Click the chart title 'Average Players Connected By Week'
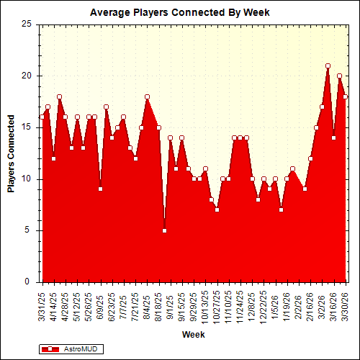[x=179, y=12]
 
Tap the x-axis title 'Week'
[x=193, y=335]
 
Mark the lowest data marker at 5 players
[x=164, y=230]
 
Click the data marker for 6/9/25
[x=100, y=189]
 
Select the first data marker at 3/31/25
[x=42, y=117]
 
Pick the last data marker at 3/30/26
[x=345, y=96]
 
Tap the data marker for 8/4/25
[x=147, y=96]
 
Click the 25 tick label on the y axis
[x=27, y=24]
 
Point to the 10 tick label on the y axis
[x=27, y=179]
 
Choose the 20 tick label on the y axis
[x=27, y=76]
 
